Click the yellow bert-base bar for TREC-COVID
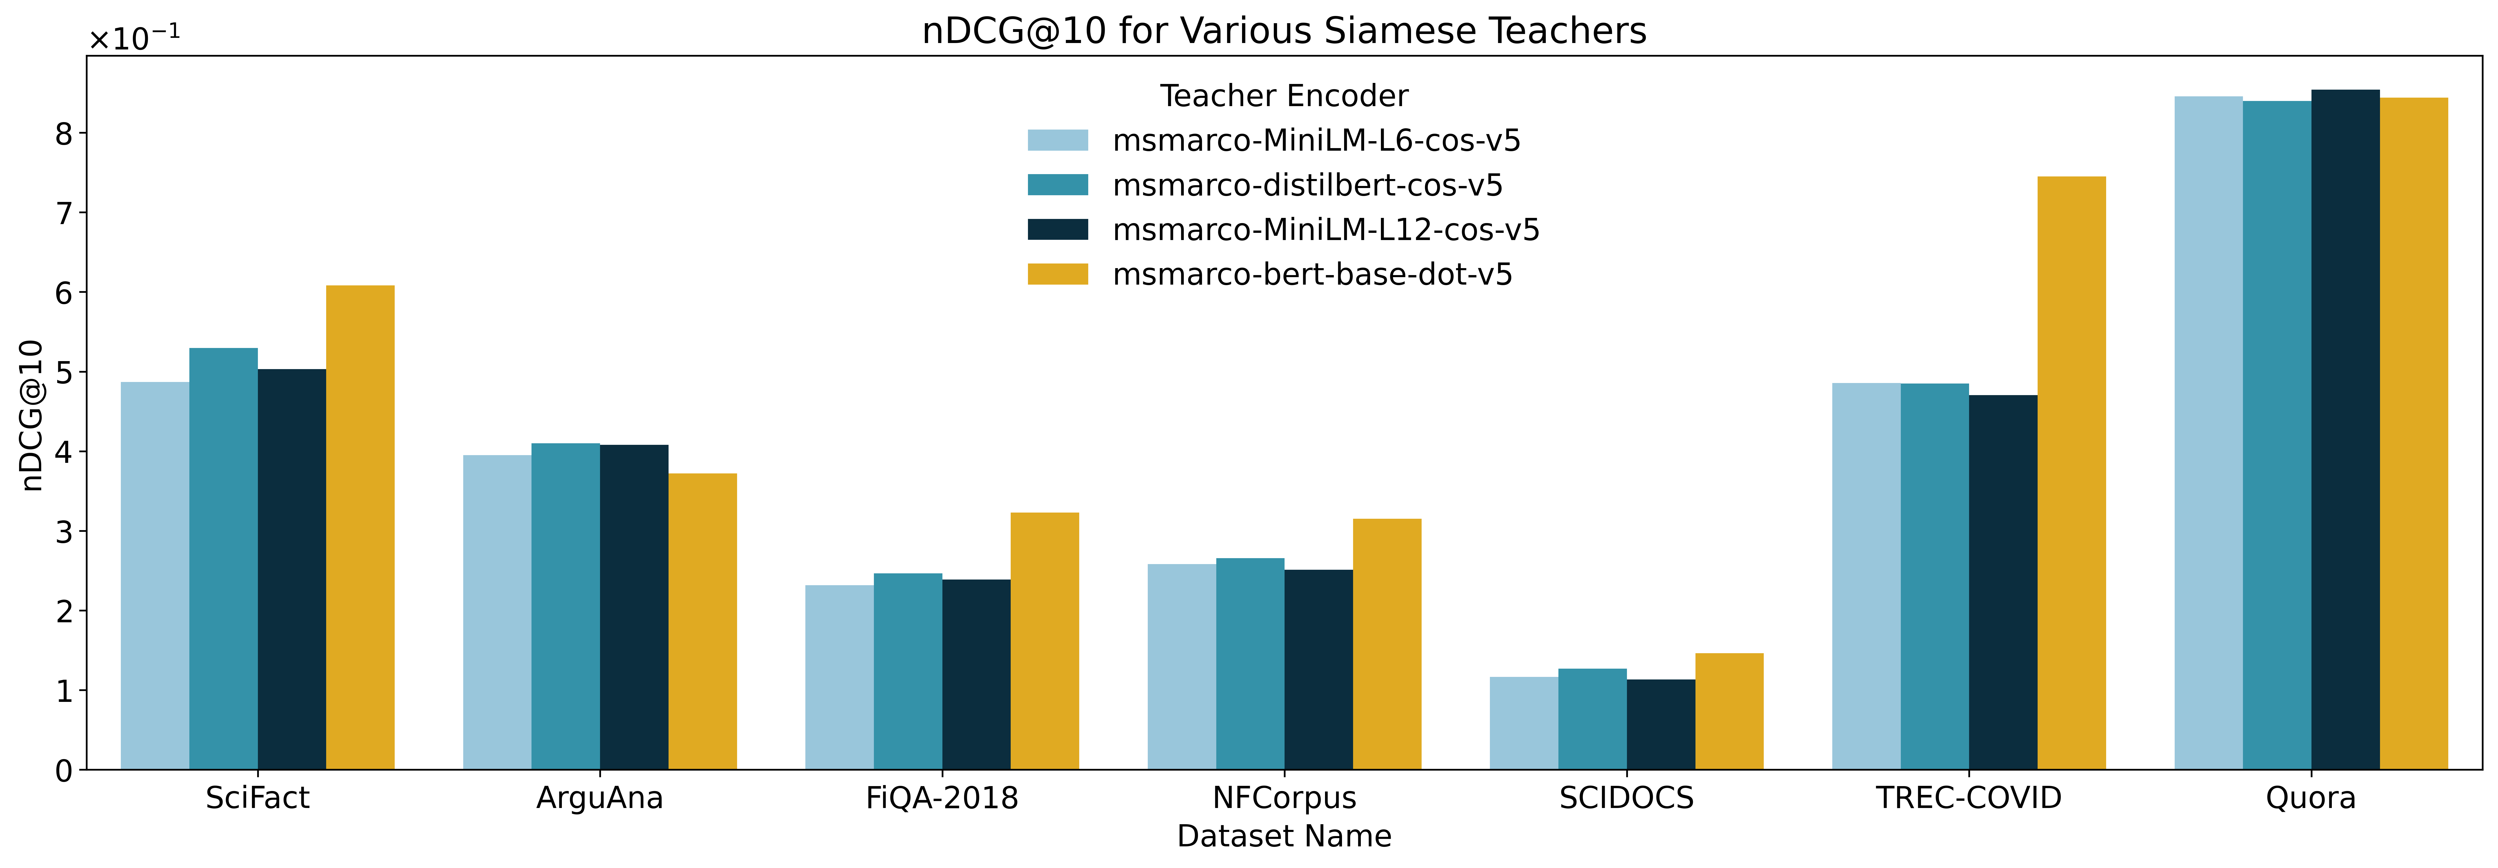[2071, 473]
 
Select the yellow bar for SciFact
[360, 527]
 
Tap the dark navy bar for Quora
[2345, 430]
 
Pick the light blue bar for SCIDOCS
[1523, 724]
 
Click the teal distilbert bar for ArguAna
[565, 606]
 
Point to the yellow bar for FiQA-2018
[1044, 641]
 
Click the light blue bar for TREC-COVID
[1866, 576]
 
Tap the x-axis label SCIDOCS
[1626, 798]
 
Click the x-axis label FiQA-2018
[942, 798]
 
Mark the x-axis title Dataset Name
[1284, 836]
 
